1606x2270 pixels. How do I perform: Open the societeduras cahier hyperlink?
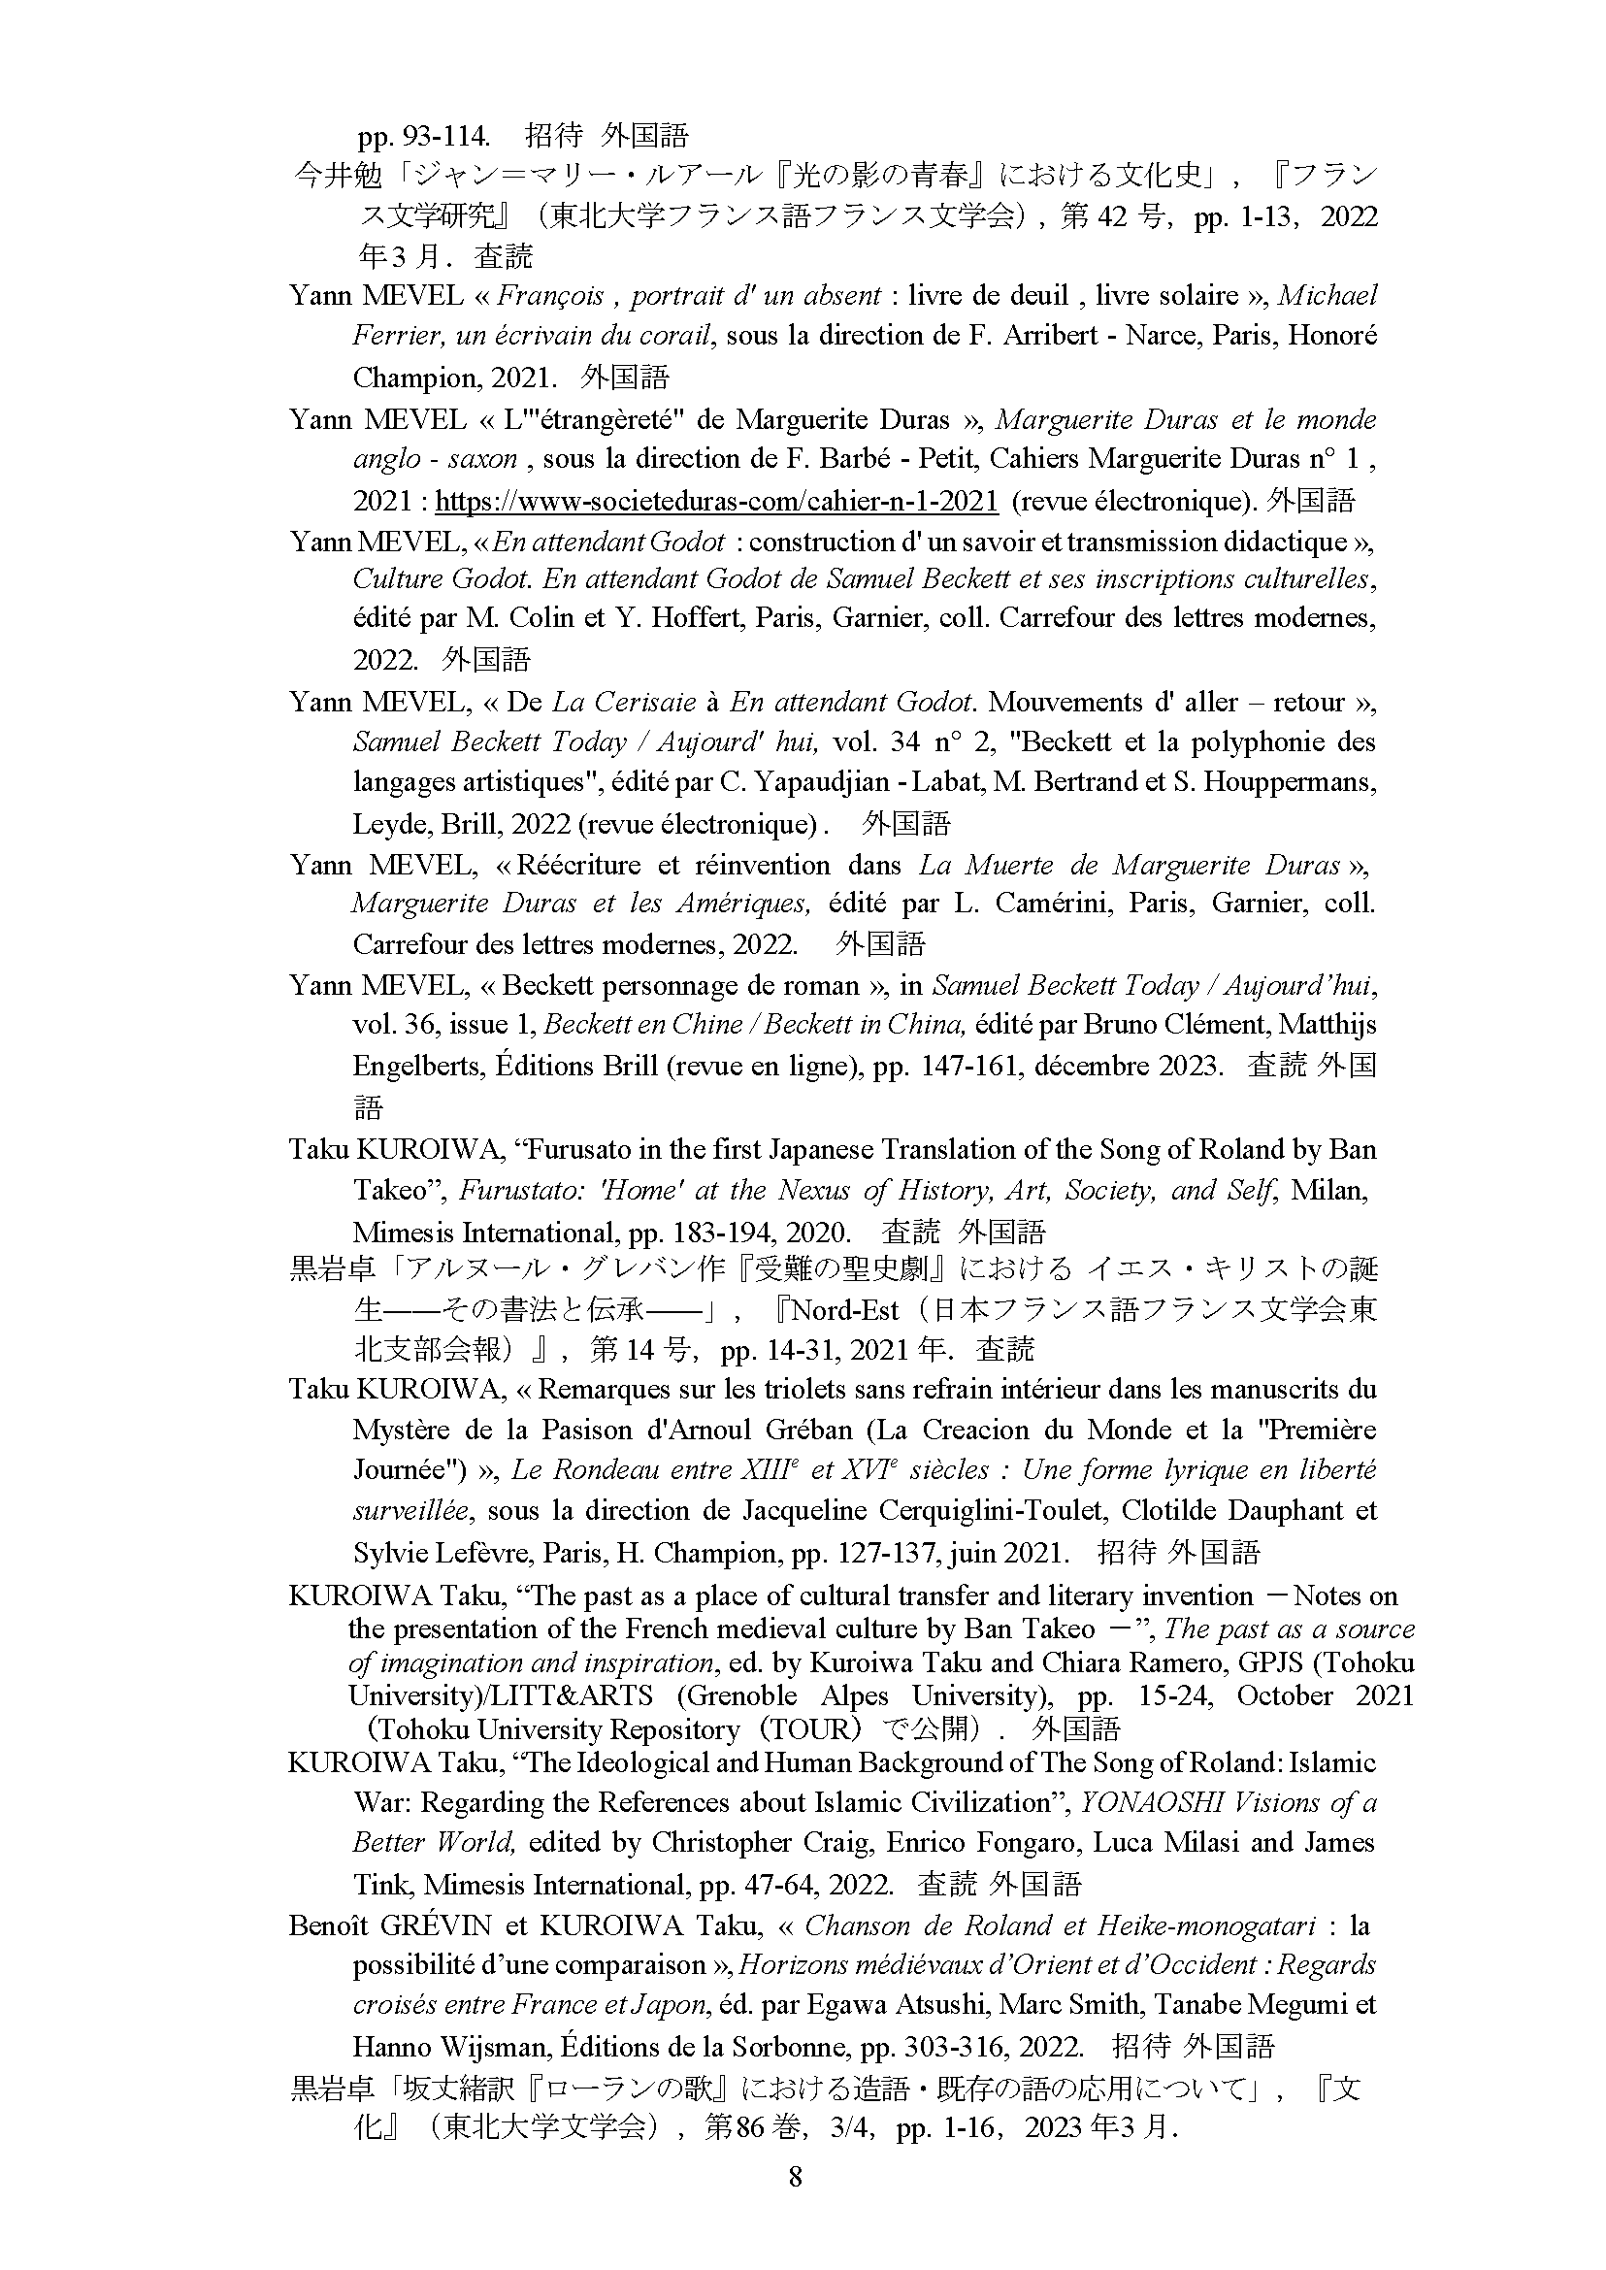coord(716,501)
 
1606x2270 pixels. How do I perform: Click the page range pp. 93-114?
coord(424,136)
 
